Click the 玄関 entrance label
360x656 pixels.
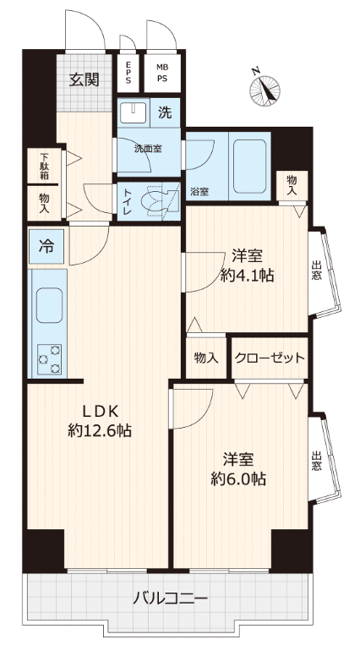coord(84,79)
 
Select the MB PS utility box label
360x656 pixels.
coord(161,73)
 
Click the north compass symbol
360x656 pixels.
coord(265,88)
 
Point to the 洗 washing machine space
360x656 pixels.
coord(165,112)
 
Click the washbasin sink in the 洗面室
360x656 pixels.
coord(133,112)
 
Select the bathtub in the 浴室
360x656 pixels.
coord(250,166)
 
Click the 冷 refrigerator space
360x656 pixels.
coord(46,246)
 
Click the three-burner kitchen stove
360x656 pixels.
coord(50,358)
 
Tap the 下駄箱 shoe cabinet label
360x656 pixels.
coord(44,166)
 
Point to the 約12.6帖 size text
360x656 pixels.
coord(100,430)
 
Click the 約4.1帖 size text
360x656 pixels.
coord(247,276)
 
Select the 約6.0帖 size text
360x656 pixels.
coord(238,478)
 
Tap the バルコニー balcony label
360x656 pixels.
coord(170,599)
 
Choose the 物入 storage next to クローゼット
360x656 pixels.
coord(206,358)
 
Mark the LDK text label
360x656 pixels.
coord(101,412)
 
